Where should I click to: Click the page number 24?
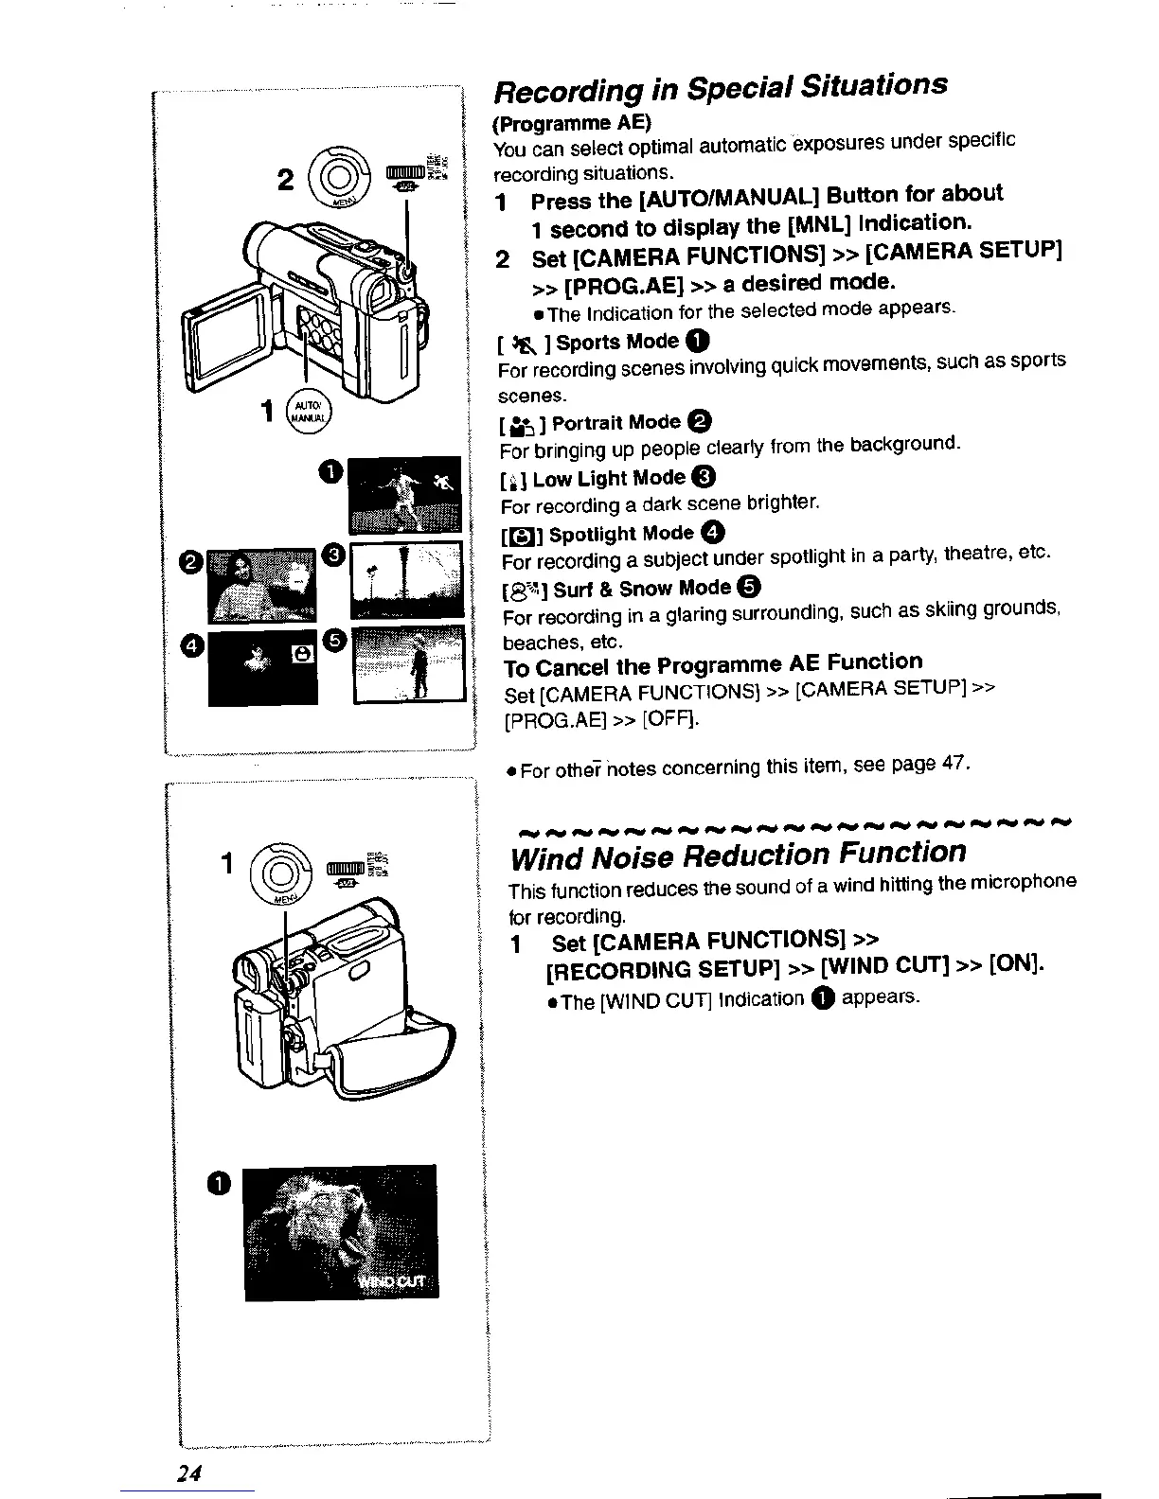click(189, 1473)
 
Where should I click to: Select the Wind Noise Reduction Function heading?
click(738, 855)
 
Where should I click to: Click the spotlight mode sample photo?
click(262, 667)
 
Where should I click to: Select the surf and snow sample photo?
click(409, 664)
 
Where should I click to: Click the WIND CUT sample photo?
click(341, 1232)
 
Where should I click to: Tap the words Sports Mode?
click(617, 342)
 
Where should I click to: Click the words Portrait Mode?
click(615, 422)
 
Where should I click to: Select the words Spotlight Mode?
click(621, 534)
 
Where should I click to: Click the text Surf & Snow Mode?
click(642, 589)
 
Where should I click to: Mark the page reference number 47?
click(953, 762)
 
